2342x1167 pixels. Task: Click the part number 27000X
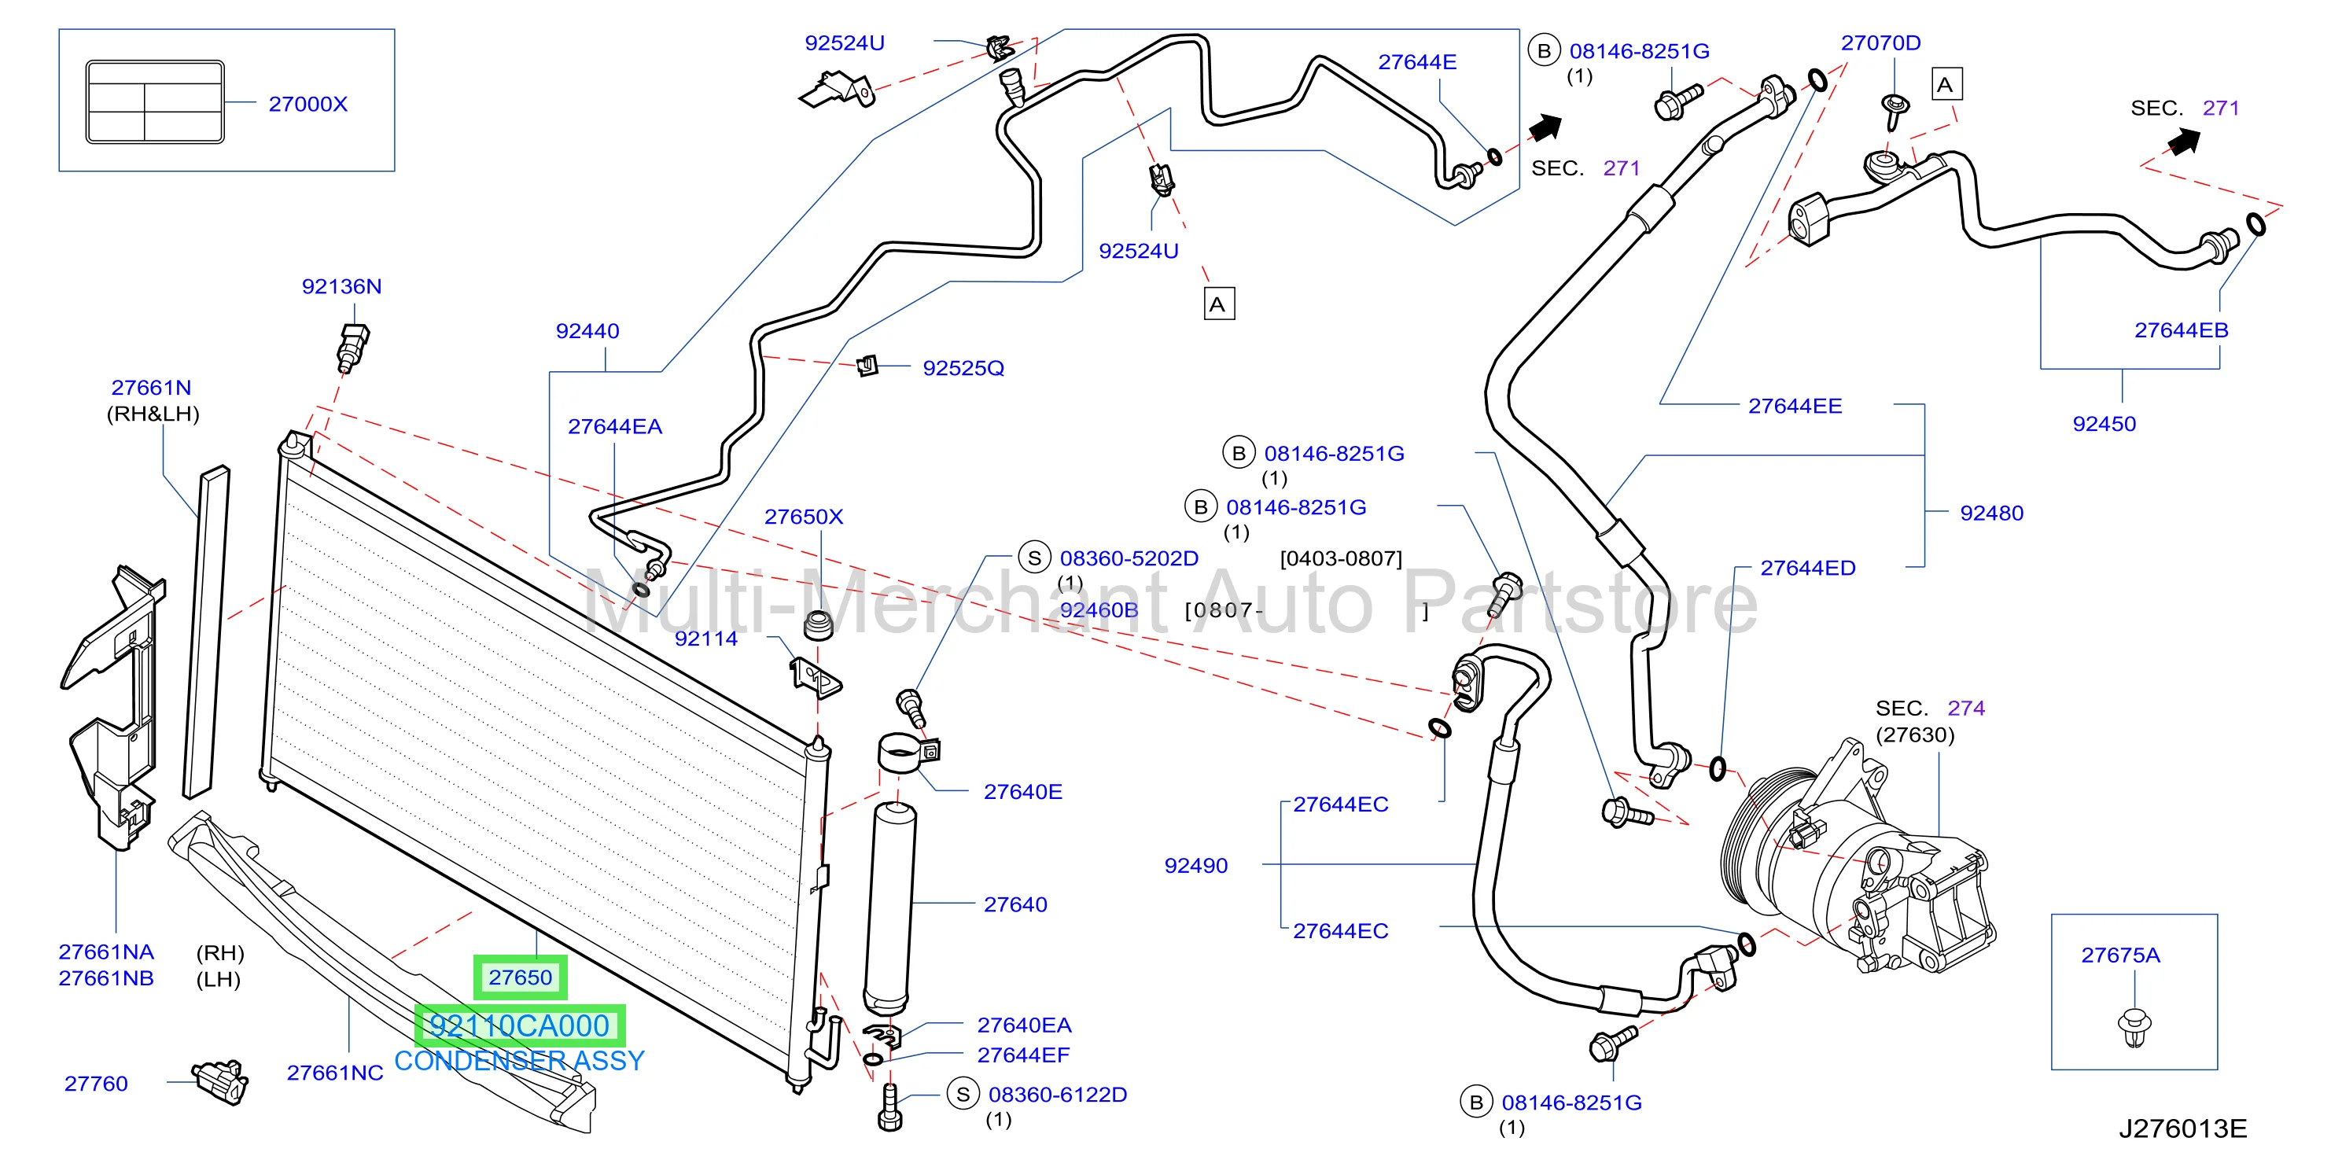[x=307, y=104]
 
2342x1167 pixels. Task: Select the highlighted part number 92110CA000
[x=519, y=1025]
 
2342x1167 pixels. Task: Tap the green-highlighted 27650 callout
[x=520, y=977]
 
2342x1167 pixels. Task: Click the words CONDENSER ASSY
[x=519, y=1061]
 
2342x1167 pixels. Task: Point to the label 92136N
[x=342, y=286]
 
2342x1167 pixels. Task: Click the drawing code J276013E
[x=2183, y=1128]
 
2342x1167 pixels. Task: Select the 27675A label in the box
[x=2120, y=955]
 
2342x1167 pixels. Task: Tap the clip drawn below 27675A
[x=2133, y=1027]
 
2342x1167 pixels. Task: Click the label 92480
[x=1991, y=513]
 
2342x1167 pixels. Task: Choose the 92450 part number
[x=2104, y=424]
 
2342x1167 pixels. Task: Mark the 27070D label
[x=1880, y=42]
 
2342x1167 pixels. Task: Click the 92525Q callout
[x=963, y=368]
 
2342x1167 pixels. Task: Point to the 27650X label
[x=804, y=516]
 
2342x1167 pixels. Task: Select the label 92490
[x=1195, y=865]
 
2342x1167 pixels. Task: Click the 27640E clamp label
[x=1023, y=792]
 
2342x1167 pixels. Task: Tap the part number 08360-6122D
[x=1057, y=1095]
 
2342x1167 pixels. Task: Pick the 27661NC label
[x=334, y=1073]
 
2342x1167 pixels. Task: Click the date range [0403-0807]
[x=1340, y=558]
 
